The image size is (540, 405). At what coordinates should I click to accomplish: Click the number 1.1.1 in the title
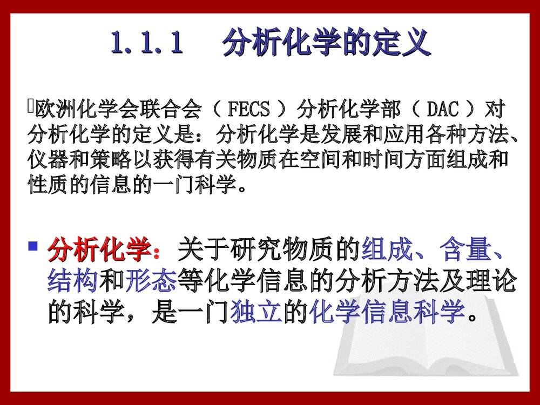146,43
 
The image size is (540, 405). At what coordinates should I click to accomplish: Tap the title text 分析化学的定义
326,43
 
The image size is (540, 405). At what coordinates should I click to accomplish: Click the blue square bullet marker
33,247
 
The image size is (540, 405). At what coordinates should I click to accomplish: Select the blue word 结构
73,281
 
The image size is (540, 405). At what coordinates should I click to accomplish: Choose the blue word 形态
151,281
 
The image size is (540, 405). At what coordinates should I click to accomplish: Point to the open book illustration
427,335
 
